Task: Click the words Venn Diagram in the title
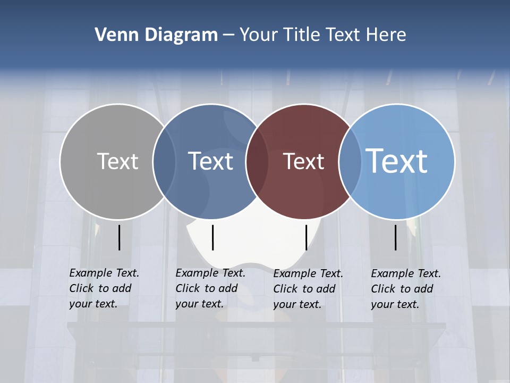pyautogui.click(x=156, y=35)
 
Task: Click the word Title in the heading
pyautogui.click(x=304, y=35)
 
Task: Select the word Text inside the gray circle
pyautogui.click(x=117, y=161)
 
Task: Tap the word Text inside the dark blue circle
pyautogui.click(x=211, y=161)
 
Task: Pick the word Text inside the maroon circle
pyautogui.click(x=304, y=161)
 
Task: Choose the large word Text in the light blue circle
pyautogui.click(x=397, y=161)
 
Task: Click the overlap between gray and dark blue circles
pyautogui.click(x=164, y=161)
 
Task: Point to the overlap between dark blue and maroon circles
pyautogui.click(x=257, y=161)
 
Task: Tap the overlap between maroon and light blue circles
pyautogui.click(x=350, y=161)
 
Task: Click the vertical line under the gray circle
pyautogui.click(x=120, y=237)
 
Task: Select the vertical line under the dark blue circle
pyautogui.click(x=212, y=237)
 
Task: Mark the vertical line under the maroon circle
pyautogui.click(x=306, y=237)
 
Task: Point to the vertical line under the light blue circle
pyautogui.click(x=396, y=237)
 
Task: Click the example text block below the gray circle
pyautogui.click(x=104, y=288)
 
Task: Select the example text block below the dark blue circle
pyautogui.click(x=210, y=288)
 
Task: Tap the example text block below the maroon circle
pyautogui.click(x=308, y=289)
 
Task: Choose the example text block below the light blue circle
pyautogui.click(x=406, y=289)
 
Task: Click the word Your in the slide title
pyautogui.click(x=259, y=35)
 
